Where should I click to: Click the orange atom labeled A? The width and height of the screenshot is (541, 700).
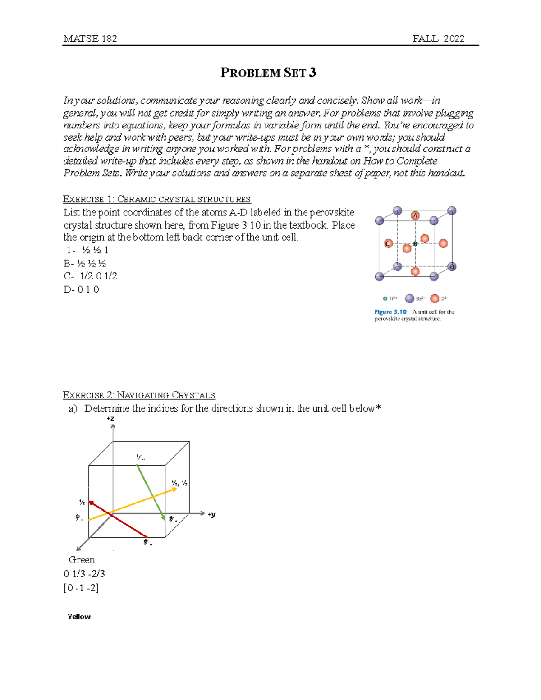[415, 215]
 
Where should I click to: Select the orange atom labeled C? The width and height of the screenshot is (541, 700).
[388, 243]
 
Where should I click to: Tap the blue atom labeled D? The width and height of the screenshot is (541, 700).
[452, 266]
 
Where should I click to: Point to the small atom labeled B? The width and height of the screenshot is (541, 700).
[415, 243]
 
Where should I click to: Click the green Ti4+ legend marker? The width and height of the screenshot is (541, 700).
[385, 298]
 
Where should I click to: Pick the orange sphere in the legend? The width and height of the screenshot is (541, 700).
[435, 298]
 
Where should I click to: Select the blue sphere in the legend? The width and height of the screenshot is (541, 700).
[409, 298]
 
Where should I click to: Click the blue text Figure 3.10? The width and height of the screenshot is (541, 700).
[390, 312]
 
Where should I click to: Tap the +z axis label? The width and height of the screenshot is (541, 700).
[110, 419]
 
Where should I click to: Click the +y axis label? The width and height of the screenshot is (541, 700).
[211, 514]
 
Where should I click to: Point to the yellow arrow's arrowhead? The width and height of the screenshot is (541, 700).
[174, 490]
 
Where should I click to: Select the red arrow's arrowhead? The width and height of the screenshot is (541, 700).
[91, 503]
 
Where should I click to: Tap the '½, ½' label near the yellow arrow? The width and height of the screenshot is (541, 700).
[179, 483]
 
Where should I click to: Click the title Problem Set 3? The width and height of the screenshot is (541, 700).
[268, 73]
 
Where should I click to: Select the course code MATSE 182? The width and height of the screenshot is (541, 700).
[90, 39]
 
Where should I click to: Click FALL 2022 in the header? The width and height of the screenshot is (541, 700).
[438, 39]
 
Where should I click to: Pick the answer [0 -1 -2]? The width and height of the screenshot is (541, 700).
[81, 588]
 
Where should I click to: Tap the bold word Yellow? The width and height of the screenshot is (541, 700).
[79, 617]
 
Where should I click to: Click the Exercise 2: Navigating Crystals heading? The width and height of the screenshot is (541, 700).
[139, 395]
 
